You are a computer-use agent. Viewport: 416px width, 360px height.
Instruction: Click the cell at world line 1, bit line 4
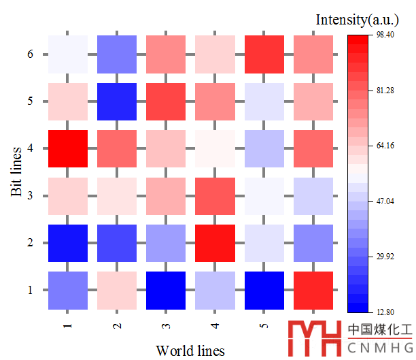pyautogui.click(x=68, y=148)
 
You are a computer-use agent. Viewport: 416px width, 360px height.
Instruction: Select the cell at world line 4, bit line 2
pyautogui.click(x=215, y=243)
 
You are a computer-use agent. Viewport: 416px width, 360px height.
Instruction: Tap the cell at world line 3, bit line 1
pyautogui.click(x=166, y=291)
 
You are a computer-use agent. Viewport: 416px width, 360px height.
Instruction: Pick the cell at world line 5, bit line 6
pyautogui.click(x=264, y=54)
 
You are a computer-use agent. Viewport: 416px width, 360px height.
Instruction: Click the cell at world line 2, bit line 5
pyautogui.click(x=117, y=101)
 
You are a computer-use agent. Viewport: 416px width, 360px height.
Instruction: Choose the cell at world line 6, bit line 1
pyautogui.click(x=313, y=291)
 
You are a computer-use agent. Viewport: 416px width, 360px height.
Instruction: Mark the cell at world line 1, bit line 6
pyautogui.click(x=68, y=54)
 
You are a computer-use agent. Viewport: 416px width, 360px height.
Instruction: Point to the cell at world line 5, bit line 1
pyautogui.click(x=264, y=291)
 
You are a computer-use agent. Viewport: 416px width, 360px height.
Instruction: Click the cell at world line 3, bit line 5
pyautogui.click(x=166, y=101)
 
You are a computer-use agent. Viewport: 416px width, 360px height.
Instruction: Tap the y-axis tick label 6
pyautogui.click(x=30, y=54)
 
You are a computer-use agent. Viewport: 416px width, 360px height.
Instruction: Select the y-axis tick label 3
pyautogui.click(x=30, y=196)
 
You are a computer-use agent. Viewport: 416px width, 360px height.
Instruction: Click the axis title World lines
pyautogui.click(x=190, y=350)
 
